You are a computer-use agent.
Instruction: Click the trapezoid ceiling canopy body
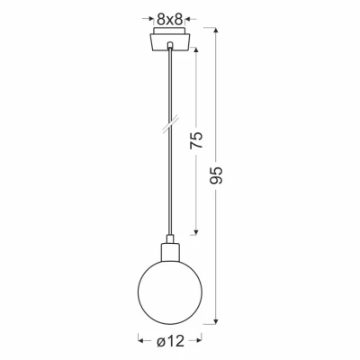pyautogui.click(x=168, y=40)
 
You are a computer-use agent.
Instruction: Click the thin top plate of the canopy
pyautogui.click(x=168, y=31)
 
